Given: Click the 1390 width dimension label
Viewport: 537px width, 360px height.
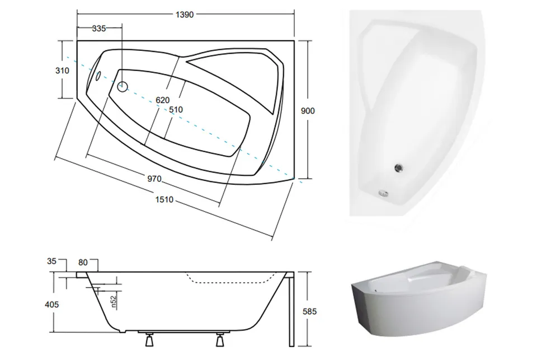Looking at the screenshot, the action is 185,15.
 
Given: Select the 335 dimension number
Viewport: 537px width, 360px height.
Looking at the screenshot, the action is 99,29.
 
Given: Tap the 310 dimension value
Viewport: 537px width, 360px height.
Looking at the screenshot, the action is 62,71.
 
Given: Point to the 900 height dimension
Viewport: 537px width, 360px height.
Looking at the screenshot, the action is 308,111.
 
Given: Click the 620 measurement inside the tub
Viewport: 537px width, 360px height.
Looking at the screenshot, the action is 163,100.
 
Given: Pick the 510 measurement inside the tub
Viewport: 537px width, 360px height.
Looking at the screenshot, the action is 176,110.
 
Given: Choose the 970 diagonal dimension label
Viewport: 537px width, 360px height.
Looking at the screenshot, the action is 154,179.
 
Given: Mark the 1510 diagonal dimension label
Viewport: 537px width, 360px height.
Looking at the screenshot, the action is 164,199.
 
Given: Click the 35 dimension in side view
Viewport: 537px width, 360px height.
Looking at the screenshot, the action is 51,261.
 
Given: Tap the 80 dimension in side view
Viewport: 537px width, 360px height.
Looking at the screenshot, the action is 83,263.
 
